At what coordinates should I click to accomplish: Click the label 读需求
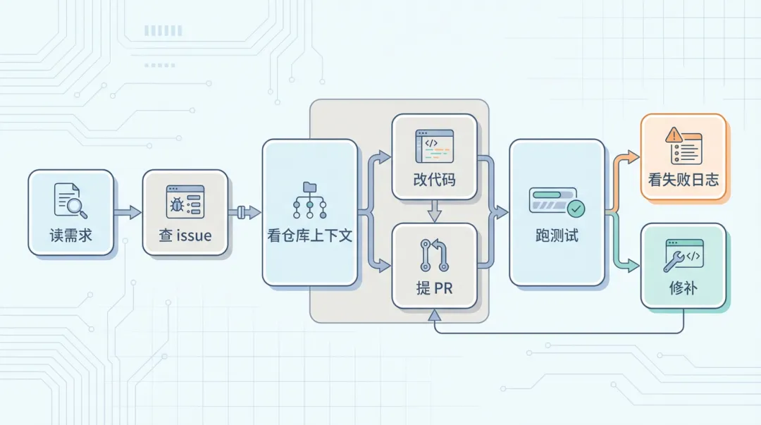click(70, 235)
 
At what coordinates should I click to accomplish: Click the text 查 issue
click(185, 235)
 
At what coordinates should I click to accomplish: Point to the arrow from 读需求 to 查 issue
click(128, 212)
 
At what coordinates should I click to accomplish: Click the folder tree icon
click(309, 199)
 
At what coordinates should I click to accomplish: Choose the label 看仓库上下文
click(309, 235)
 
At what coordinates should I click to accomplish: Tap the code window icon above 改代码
click(434, 144)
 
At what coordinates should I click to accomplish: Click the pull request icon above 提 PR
click(434, 256)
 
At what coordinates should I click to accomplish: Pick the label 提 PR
click(434, 290)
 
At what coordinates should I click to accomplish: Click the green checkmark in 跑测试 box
click(576, 209)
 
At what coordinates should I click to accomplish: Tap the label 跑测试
click(557, 235)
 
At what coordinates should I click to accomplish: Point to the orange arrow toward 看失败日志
click(627, 156)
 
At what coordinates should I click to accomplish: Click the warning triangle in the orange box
click(674, 133)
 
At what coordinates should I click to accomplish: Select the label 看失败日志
click(683, 180)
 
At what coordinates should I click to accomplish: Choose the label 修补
click(683, 289)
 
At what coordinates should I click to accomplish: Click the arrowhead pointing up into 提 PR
click(434, 316)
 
